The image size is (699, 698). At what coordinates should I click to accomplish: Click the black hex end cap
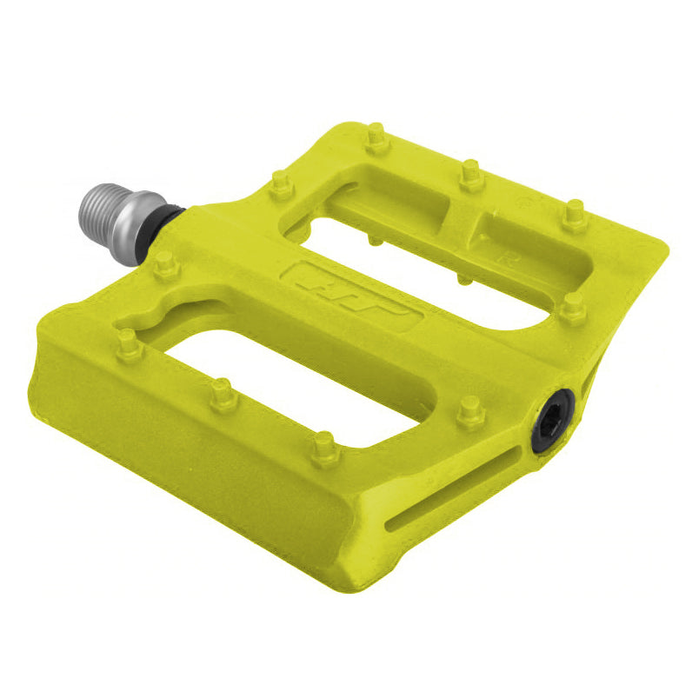[x=553, y=421]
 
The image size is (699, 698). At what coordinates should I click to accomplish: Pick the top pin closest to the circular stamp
[x=574, y=214]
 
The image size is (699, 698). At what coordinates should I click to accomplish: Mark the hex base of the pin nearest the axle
[x=163, y=269]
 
